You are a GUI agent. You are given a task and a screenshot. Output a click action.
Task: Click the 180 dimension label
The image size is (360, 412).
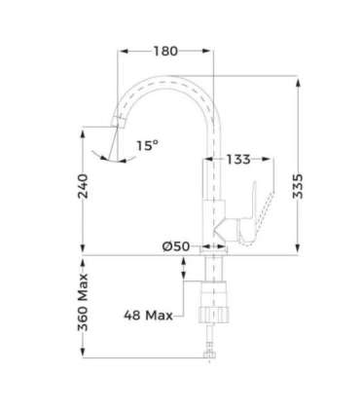point(165,51)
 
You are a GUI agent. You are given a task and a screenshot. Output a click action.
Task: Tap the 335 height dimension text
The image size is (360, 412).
point(298,186)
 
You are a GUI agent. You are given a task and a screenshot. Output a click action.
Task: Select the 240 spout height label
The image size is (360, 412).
point(83,186)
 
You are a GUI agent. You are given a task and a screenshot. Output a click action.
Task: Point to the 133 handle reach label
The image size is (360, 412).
point(238,159)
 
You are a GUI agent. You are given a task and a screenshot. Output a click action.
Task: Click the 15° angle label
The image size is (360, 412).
point(147,145)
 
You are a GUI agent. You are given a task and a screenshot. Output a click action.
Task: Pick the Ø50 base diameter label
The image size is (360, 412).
point(176,246)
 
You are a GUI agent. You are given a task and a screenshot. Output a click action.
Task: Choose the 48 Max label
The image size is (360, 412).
point(148,315)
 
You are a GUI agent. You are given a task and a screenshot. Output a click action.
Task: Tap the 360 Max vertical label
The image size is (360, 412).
point(83,302)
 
